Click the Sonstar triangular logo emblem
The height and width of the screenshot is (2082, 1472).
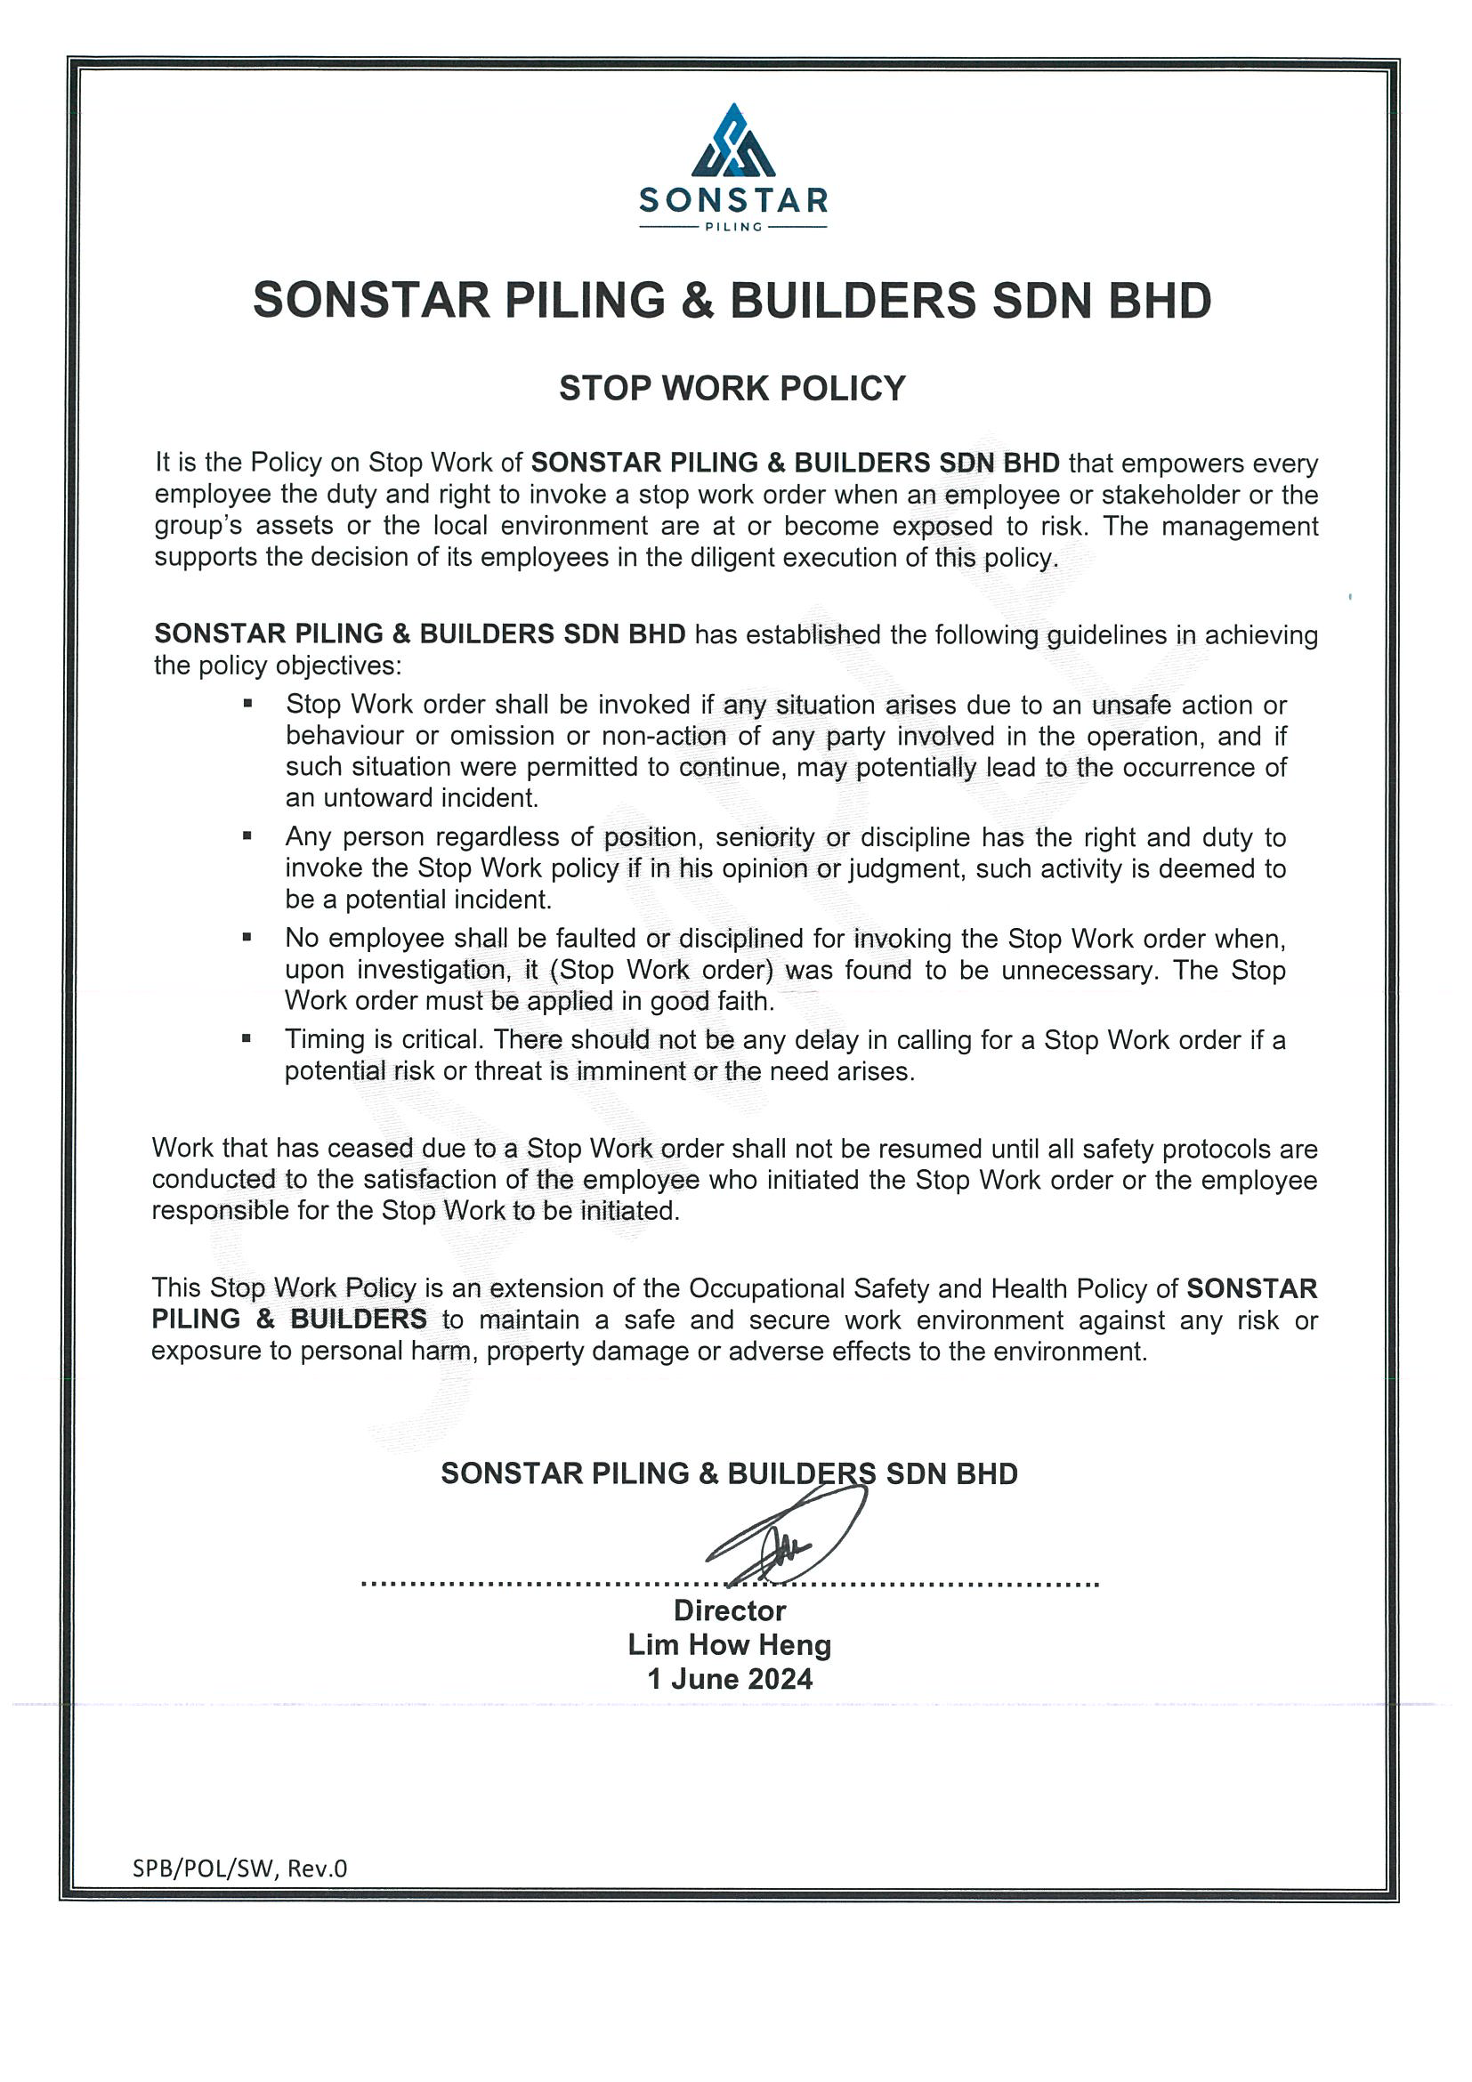pyautogui.click(x=732, y=141)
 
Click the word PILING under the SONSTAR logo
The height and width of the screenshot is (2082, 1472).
pyautogui.click(x=732, y=227)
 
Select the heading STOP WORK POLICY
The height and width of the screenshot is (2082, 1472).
pyautogui.click(x=732, y=388)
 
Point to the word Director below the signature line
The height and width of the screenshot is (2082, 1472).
pyautogui.click(x=729, y=1610)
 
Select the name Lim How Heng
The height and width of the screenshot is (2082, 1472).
pyautogui.click(x=729, y=1645)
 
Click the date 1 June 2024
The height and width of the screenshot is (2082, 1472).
pyautogui.click(x=729, y=1679)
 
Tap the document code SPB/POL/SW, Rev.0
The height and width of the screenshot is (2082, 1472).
pyautogui.click(x=239, y=1868)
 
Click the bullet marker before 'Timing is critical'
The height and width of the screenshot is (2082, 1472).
pyautogui.click(x=247, y=1039)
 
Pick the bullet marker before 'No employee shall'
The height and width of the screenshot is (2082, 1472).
pyautogui.click(x=247, y=938)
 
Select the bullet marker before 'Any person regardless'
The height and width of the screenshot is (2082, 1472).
pyautogui.click(x=247, y=836)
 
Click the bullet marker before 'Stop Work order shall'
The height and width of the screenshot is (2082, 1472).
pyautogui.click(x=247, y=703)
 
